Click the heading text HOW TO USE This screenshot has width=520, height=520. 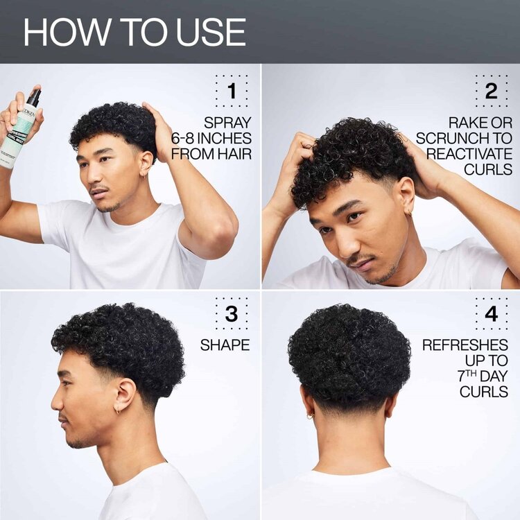tap(135, 33)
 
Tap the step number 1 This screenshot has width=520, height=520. tap(231, 91)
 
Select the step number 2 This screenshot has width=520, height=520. tap(491, 91)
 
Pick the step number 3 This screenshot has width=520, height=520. tap(231, 314)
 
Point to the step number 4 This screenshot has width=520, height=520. tap(491, 314)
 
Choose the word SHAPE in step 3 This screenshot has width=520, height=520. tap(225, 345)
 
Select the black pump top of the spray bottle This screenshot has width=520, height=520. tap(33, 98)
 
